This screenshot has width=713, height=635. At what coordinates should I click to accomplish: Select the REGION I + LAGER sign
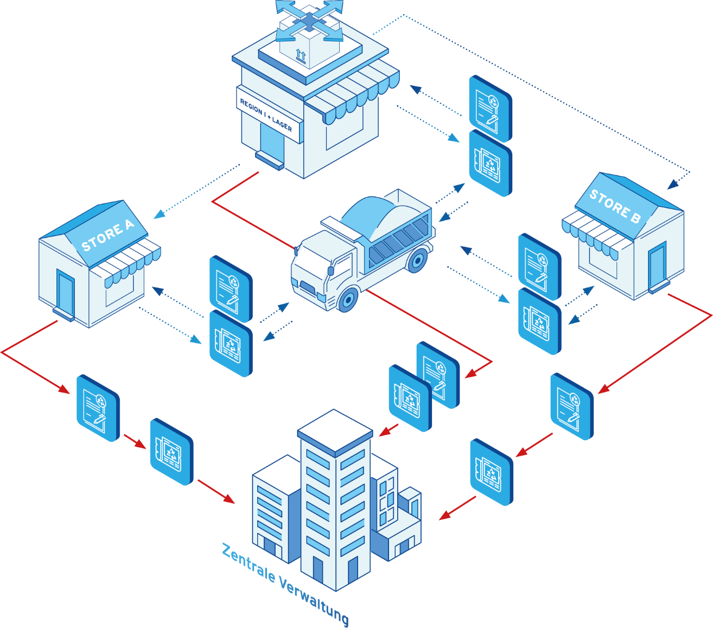pyautogui.click(x=266, y=116)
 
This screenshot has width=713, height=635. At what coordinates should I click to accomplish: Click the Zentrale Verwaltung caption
pyautogui.click(x=285, y=583)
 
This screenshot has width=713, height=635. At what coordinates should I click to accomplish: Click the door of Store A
pyautogui.click(x=66, y=292)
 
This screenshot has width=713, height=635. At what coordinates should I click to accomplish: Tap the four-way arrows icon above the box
pyautogui.click(x=309, y=20)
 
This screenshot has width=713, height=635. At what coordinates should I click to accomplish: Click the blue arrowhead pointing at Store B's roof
pyautogui.click(x=672, y=185)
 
